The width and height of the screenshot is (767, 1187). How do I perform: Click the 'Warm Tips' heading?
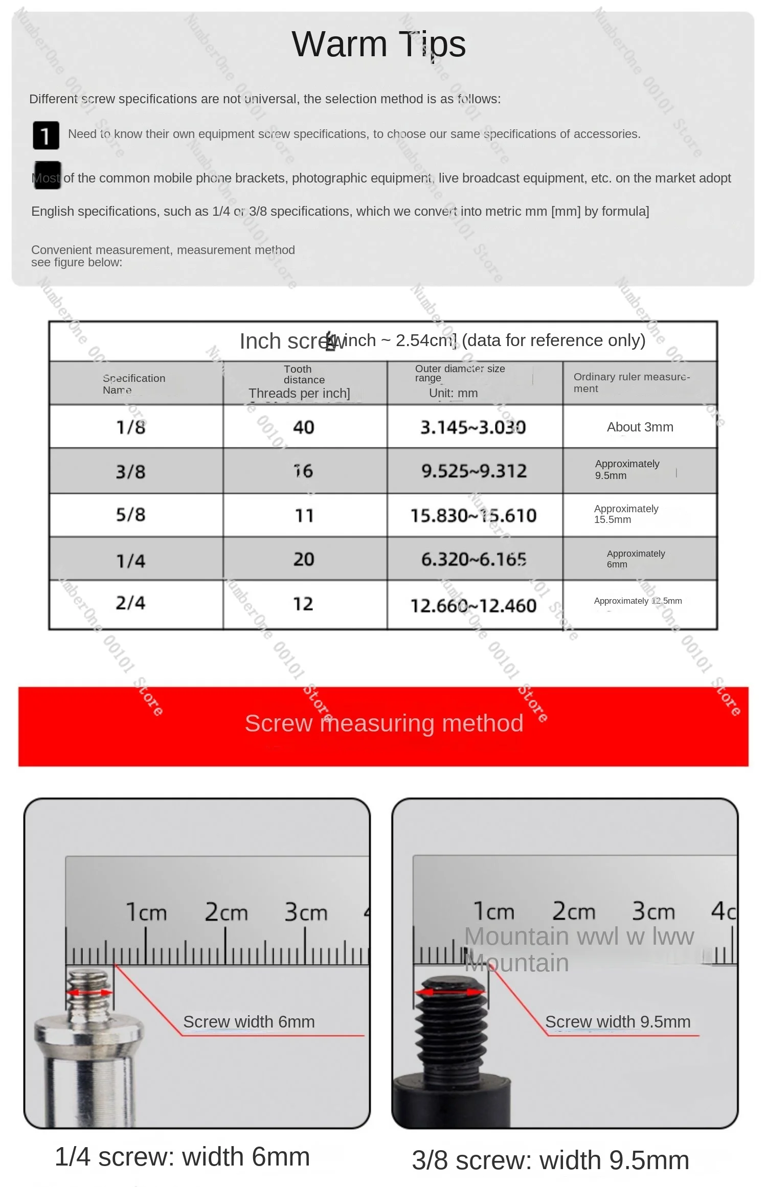point(378,44)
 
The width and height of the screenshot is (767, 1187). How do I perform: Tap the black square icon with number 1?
point(46,135)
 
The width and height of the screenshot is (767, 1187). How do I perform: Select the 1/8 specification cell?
point(131,427)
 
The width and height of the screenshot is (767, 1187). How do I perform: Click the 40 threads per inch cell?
point(303,427)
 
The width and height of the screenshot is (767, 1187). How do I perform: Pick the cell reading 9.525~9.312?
point(474,471)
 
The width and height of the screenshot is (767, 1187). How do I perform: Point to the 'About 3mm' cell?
point(640,427)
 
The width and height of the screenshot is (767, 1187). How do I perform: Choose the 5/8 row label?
point(131,515)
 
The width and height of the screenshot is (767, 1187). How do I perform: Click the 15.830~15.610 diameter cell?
point(474,515)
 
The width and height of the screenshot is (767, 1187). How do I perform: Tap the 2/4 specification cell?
point(131,603)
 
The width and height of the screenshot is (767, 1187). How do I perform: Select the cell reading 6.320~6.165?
point(474,559)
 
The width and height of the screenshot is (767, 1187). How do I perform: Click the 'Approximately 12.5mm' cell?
point(638,601)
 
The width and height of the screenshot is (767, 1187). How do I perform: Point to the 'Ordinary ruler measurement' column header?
point(631,382)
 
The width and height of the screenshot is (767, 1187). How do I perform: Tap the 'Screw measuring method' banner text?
point(384,723)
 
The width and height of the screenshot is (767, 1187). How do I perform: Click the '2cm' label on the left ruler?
point(226,912)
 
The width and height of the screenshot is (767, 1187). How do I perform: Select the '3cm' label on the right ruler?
point(653,911)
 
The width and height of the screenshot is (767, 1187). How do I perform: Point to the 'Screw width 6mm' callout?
point(249,1022)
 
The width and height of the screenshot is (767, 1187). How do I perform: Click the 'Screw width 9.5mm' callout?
point(618,1022)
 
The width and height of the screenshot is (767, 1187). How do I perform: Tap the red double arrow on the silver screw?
point(89,992)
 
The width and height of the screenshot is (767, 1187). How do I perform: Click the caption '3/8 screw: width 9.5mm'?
point(550,1160)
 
